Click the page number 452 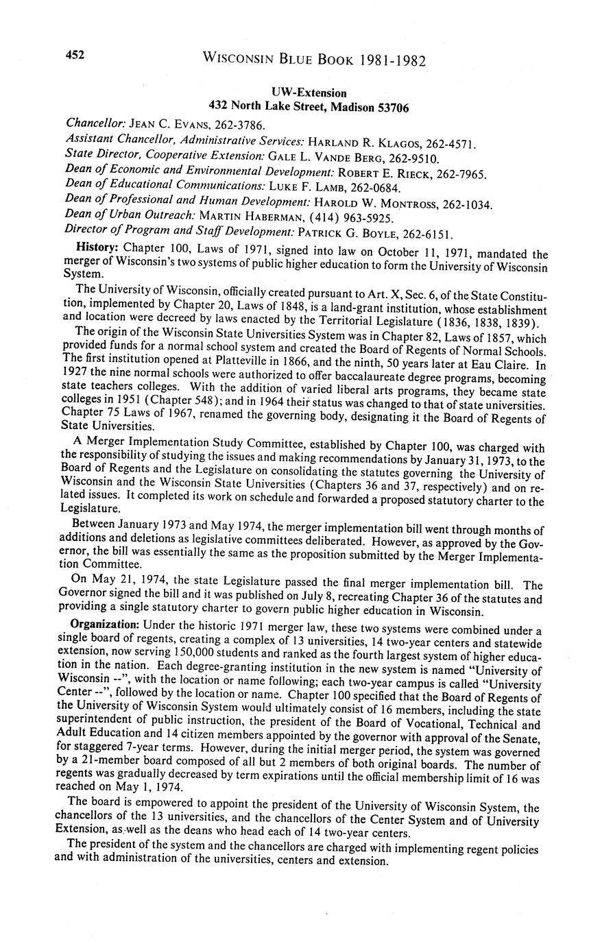click(75, 56)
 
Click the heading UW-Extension click(309, 93)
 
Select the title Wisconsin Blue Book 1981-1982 click(314, 60)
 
